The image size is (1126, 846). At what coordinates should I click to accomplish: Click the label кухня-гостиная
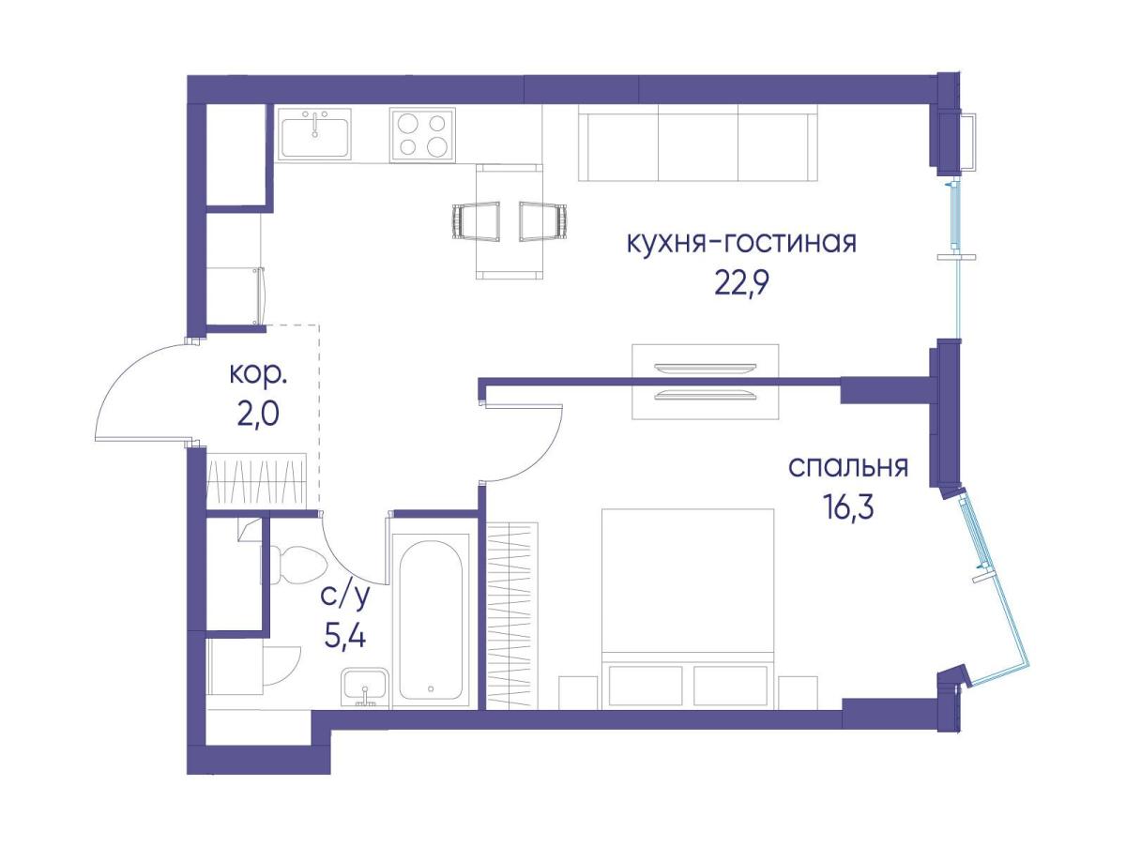click(x=742, y=243)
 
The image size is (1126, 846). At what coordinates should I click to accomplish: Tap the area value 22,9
click(x=742, y=283)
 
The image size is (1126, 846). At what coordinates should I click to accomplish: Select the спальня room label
click(x=848, y=468)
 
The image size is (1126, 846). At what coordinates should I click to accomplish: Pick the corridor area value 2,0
click(x=258, y=415)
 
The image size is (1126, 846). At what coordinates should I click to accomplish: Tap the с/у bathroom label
click(x=344, y=597)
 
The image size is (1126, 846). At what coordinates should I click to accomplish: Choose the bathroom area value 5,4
click(x=344, y=638)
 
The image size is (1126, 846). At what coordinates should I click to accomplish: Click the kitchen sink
click(x=315, y=133)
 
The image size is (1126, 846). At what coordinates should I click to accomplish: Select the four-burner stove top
click(x=422, y=135)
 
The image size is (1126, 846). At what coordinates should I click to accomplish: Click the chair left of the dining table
click(x=477, y=221)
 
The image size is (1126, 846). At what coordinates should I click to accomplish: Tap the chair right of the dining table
click(x=543, y=221)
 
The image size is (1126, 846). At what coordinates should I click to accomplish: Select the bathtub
click(x=431, y=620)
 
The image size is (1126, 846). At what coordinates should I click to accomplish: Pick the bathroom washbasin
click(x=365, y=687)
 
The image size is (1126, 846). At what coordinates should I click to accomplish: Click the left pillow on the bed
click(x=646, y=686)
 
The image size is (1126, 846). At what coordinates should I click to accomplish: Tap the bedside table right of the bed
click(x=798, y=693)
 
